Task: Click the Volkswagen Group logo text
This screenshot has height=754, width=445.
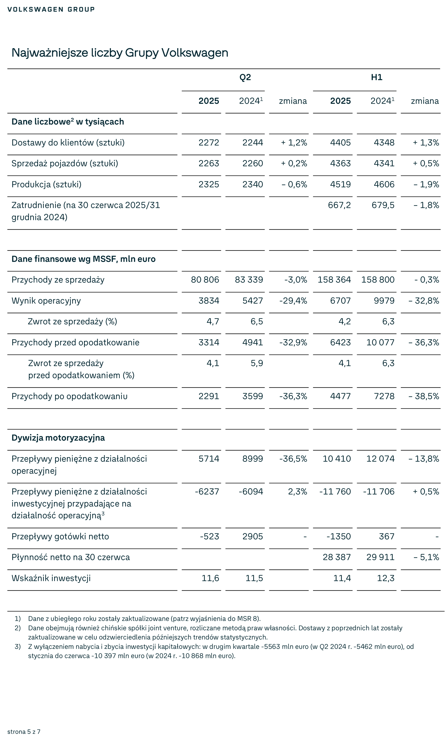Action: (51, 9)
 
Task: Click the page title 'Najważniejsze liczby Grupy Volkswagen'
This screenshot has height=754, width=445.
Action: (120, 53)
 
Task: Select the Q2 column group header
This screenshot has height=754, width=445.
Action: (245, 77)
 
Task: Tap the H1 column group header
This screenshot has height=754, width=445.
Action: (377, 77)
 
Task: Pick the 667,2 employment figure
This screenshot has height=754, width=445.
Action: (339, 205)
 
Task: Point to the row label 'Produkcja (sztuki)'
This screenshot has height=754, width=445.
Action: (47, 185)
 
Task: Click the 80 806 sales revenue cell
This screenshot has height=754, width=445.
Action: (205, 280)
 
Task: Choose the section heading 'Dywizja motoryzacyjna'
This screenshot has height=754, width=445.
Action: (58, 438)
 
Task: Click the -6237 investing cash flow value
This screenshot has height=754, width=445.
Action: (207, 492)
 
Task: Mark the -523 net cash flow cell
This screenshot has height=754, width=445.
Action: (210, 536)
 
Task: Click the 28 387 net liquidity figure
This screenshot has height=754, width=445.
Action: (336, 557)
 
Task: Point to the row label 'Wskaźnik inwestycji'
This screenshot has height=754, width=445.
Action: (51, 578)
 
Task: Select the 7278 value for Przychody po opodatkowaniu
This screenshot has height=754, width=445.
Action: (384, 396)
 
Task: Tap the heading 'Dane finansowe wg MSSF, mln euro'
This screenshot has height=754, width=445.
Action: (83, 259)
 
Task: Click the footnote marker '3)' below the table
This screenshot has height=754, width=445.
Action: (18, 647)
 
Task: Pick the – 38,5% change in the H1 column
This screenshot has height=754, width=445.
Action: (424, 396)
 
